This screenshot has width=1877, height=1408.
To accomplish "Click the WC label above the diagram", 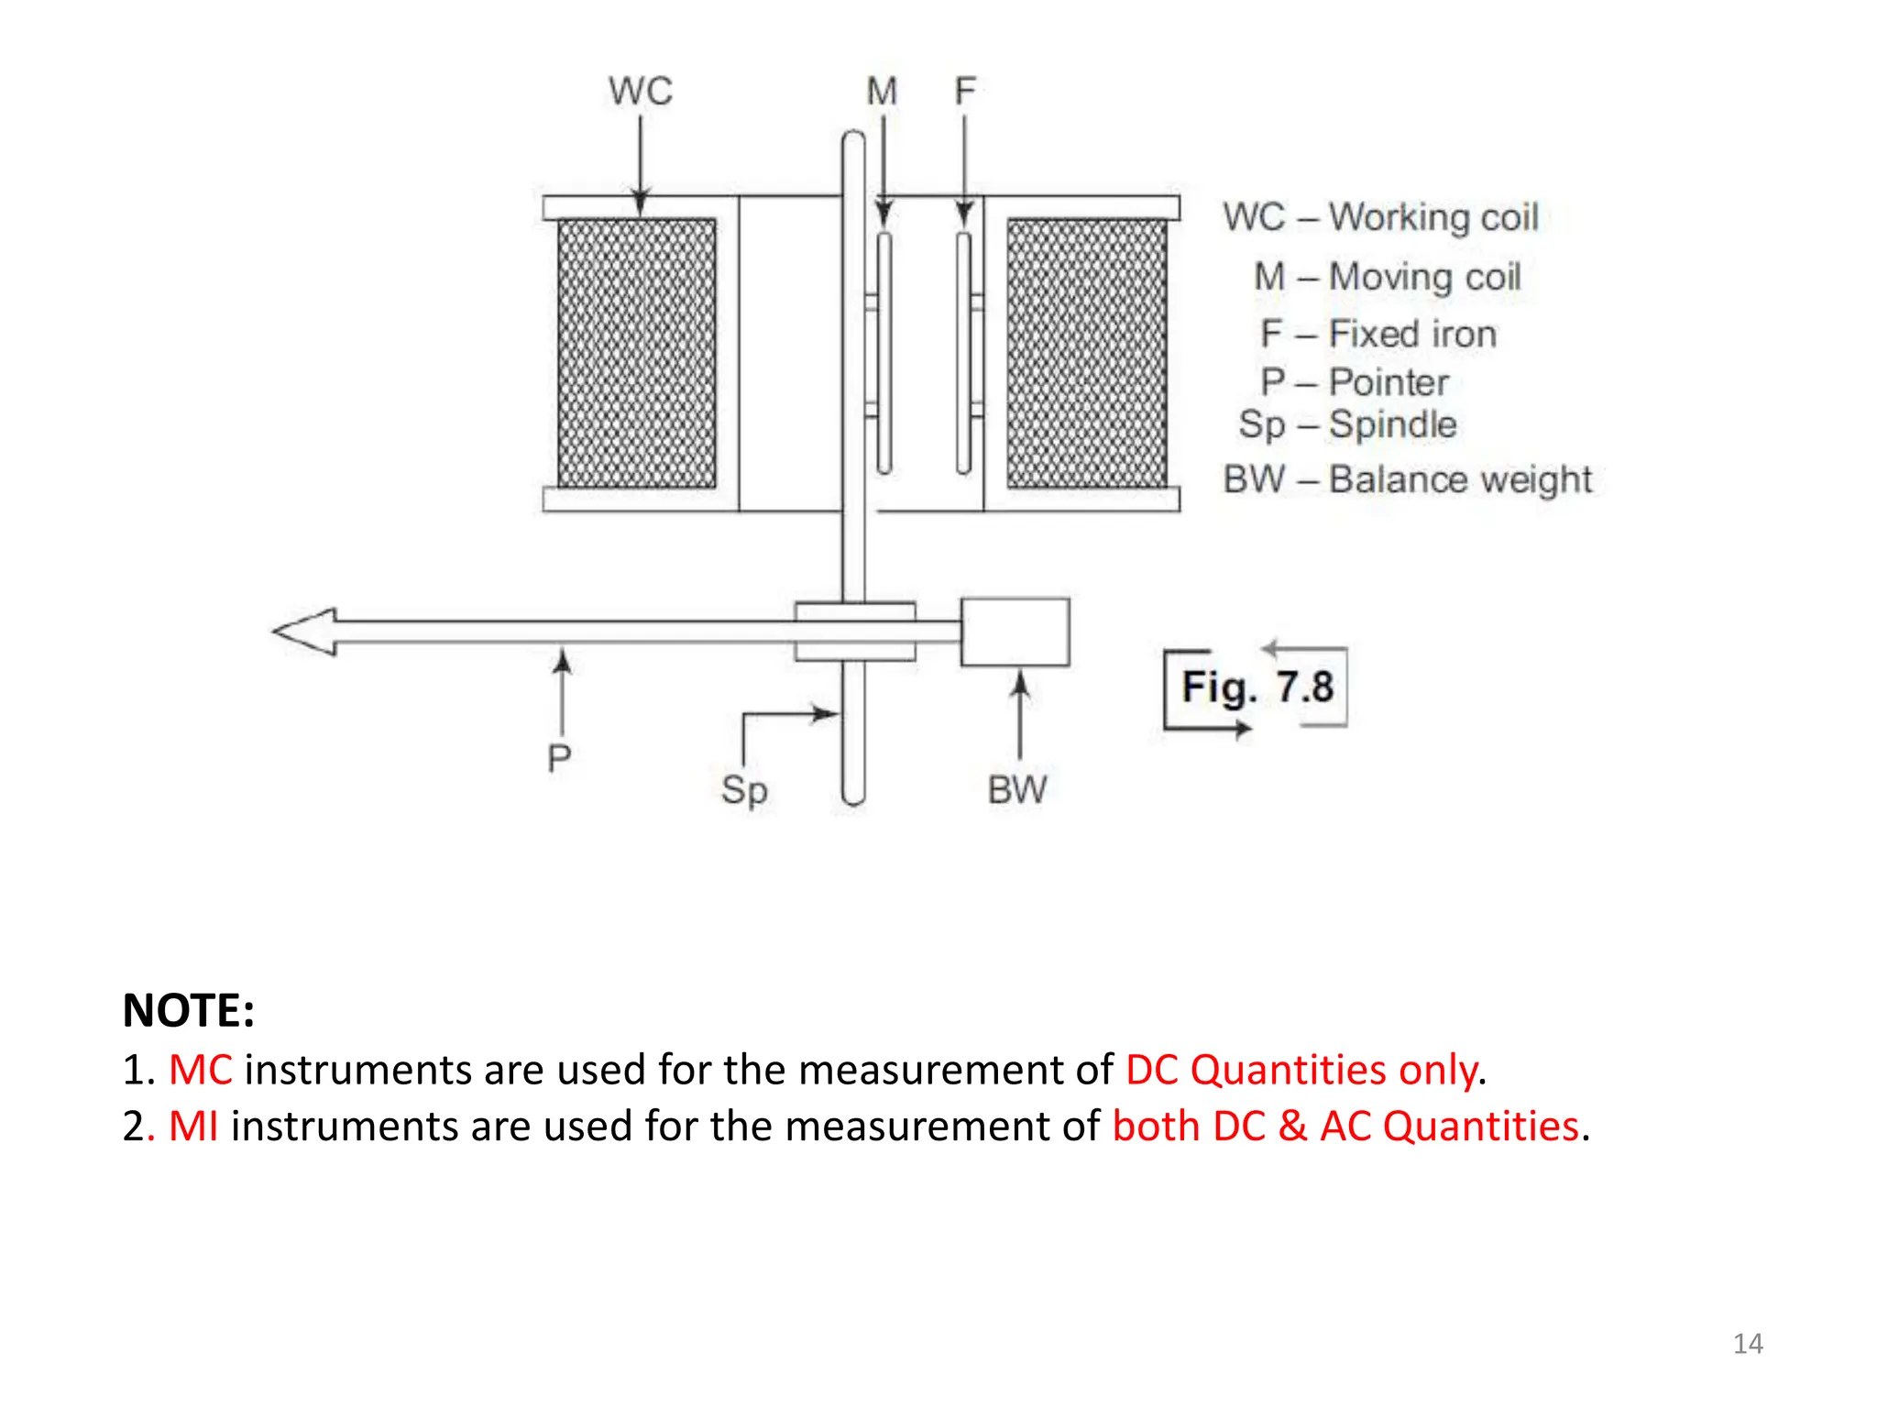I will (x=641, y=92).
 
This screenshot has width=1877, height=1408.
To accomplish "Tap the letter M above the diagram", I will (x=882, y=92).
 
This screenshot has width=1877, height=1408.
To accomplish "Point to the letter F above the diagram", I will (x=964, y=91).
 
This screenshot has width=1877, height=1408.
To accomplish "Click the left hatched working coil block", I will (x=637, y=353).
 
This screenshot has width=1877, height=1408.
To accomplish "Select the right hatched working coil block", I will (x=1087, y=353).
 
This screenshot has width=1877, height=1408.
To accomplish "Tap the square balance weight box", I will (x=1015, y=632).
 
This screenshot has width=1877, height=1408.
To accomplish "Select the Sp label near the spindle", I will (x=743, y=790).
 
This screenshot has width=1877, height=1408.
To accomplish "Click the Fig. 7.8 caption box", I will (x=1257, y=687).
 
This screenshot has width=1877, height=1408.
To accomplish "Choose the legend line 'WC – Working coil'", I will (x=1380, y=218).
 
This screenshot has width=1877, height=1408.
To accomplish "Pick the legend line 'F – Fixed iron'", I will (x=1378, y=335).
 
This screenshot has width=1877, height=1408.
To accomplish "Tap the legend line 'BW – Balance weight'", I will (x=1407, y=479).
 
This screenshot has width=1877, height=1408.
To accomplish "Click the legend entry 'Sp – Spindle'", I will (x=1347, y=425).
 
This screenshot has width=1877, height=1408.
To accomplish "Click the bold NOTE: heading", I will (x=189, y=1010).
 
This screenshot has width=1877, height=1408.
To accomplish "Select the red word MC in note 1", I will (x=201, y=1070).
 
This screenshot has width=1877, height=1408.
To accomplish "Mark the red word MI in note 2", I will (x=193, y=1126).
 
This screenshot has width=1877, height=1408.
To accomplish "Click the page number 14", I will (x=1748, y=1344).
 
